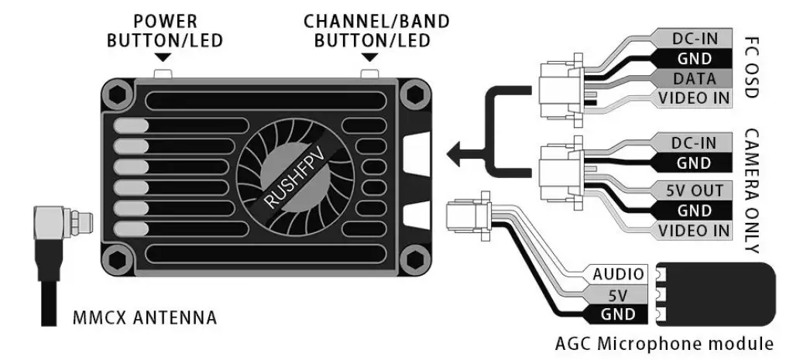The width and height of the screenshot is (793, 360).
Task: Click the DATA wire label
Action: click(694, 78)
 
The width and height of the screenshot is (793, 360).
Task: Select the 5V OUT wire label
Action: click(694, 190)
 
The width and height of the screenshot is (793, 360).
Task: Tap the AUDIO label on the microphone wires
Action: click(618, 274)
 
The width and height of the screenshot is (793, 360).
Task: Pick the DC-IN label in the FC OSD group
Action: click(694, 38)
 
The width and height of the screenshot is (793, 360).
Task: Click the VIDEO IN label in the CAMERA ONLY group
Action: click(694, 231)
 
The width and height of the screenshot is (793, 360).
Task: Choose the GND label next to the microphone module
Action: click(618, 314)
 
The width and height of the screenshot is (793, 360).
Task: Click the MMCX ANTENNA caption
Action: click(143, 317)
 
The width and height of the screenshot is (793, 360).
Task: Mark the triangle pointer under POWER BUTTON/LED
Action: click(163, 58)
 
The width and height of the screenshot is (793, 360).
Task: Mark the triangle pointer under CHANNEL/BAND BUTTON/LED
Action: click(369, 58)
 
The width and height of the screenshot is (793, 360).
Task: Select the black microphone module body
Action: click(720, 293)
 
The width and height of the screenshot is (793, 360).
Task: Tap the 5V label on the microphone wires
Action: click(618, 294)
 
